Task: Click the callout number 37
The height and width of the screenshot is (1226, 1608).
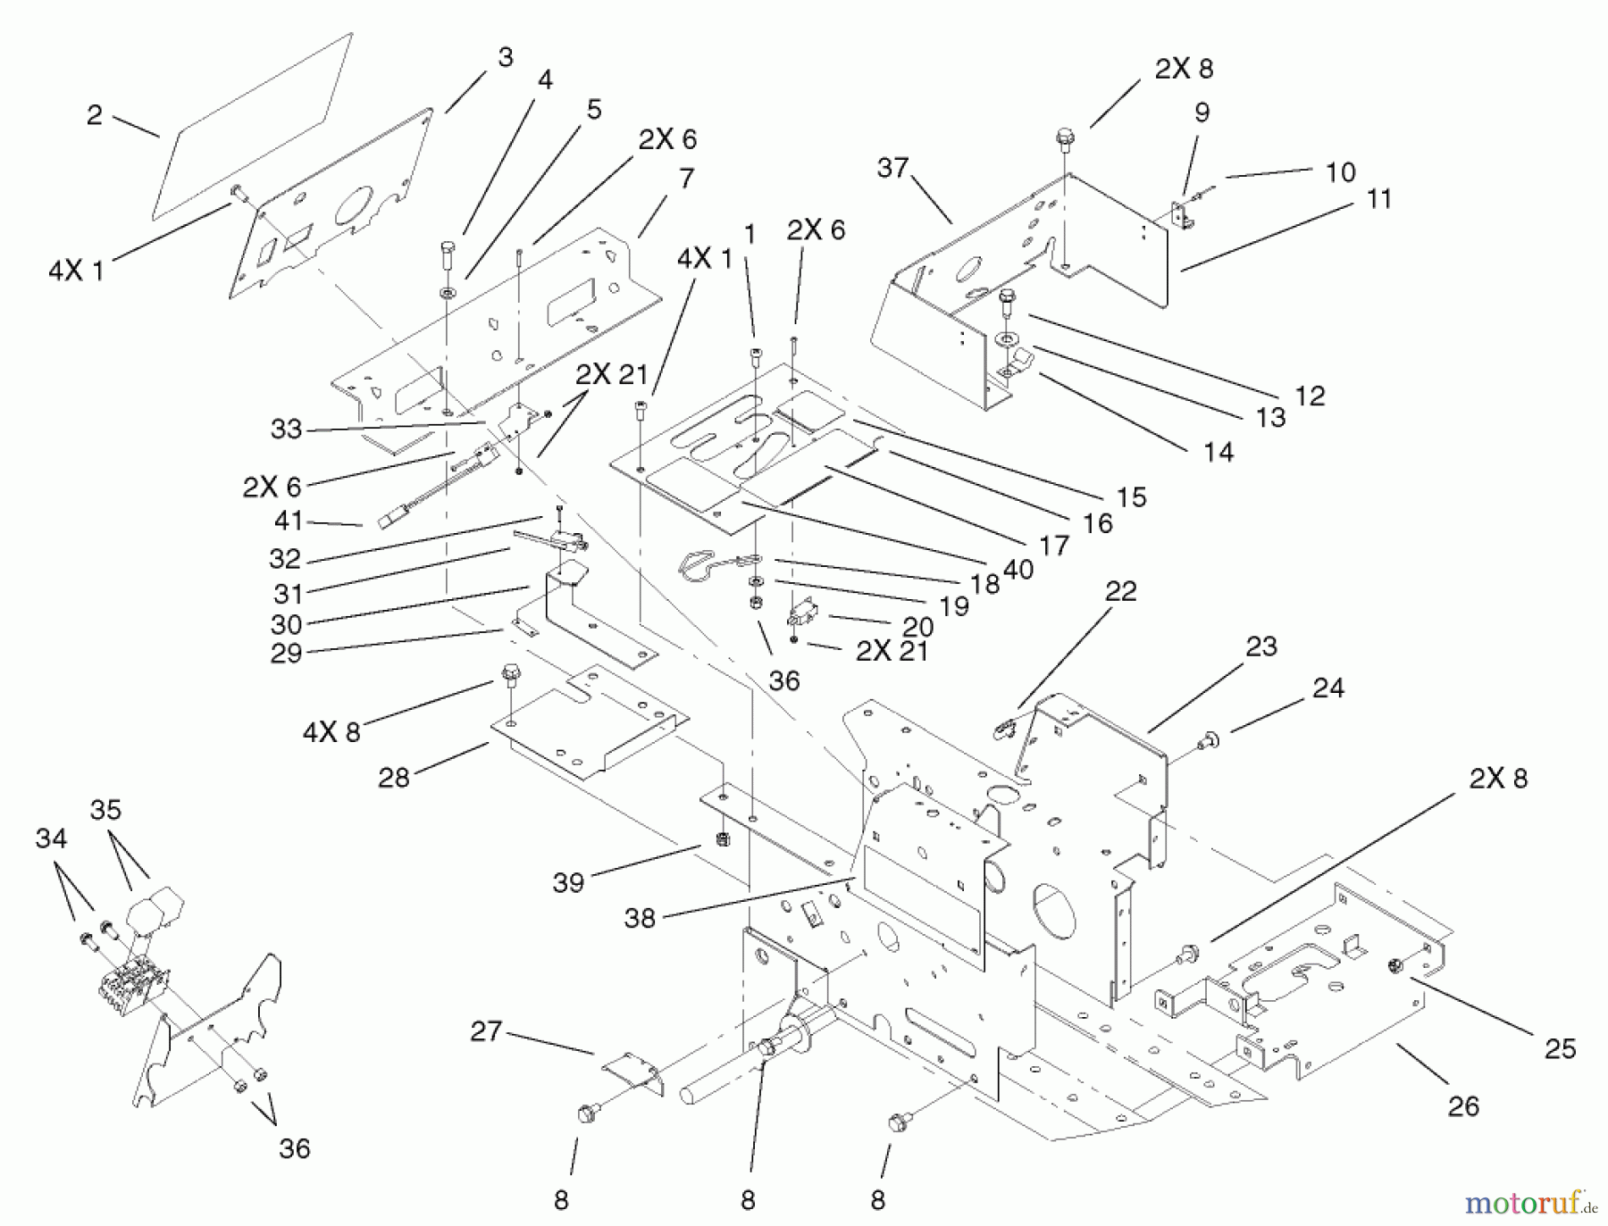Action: point(892,168)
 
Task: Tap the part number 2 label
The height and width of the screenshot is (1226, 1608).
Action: point(95,115)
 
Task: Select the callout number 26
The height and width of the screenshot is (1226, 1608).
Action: point(1463,1106)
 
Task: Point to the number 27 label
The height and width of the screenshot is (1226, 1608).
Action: point(486,1031)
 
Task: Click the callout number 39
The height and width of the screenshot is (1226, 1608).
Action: point(568,882)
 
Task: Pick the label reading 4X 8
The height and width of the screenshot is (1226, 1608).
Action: point(331,732)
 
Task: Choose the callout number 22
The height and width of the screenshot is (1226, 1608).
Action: point(1120,591)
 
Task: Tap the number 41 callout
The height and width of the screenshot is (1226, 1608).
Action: point(289,521)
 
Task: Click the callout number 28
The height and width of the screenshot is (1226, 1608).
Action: point(393,778)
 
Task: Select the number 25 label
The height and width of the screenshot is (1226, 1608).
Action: point(1560,1048)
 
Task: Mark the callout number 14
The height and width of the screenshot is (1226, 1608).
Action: point(1218,452)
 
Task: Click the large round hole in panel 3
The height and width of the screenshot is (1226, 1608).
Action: point(355,205)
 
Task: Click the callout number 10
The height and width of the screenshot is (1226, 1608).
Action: point(1340,171)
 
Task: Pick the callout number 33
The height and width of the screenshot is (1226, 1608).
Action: point(286,430)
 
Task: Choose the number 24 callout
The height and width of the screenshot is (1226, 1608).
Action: point(1328,688)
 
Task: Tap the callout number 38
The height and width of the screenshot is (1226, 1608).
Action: point(640,918)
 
